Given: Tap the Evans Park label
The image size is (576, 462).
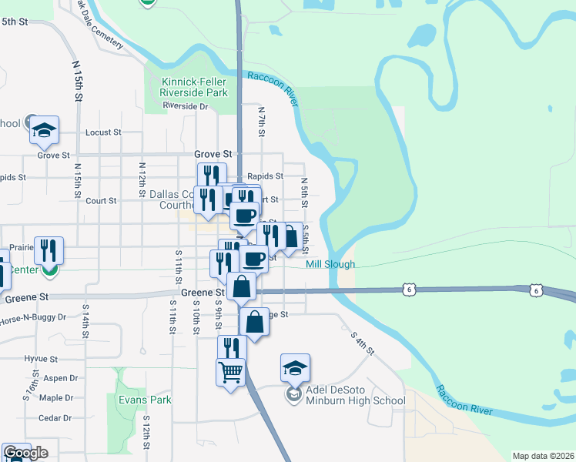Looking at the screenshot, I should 145,400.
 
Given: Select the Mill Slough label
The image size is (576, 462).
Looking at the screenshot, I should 330,264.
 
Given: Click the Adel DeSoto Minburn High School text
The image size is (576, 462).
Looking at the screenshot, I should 355,395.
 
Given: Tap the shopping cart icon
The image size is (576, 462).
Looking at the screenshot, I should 231,373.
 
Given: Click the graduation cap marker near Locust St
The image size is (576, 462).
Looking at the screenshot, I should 45,129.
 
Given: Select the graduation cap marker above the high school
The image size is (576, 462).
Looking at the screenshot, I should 294,368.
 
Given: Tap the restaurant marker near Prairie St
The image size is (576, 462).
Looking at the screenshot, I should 49,250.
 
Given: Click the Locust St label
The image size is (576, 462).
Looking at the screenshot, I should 103,132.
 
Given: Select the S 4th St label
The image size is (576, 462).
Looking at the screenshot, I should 362,343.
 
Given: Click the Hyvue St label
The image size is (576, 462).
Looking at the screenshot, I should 41,359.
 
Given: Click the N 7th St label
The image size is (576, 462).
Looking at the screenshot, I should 261,122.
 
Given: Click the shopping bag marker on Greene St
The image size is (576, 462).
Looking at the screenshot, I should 242,287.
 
